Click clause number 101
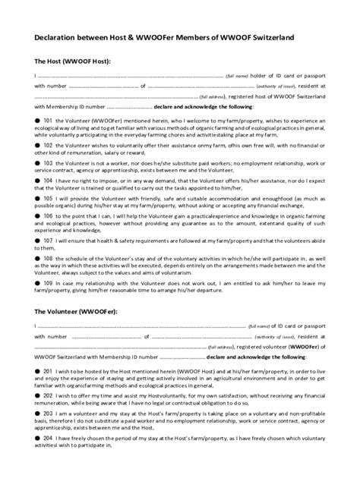tap(49, 121)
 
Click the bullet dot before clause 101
tap(38, 121)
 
